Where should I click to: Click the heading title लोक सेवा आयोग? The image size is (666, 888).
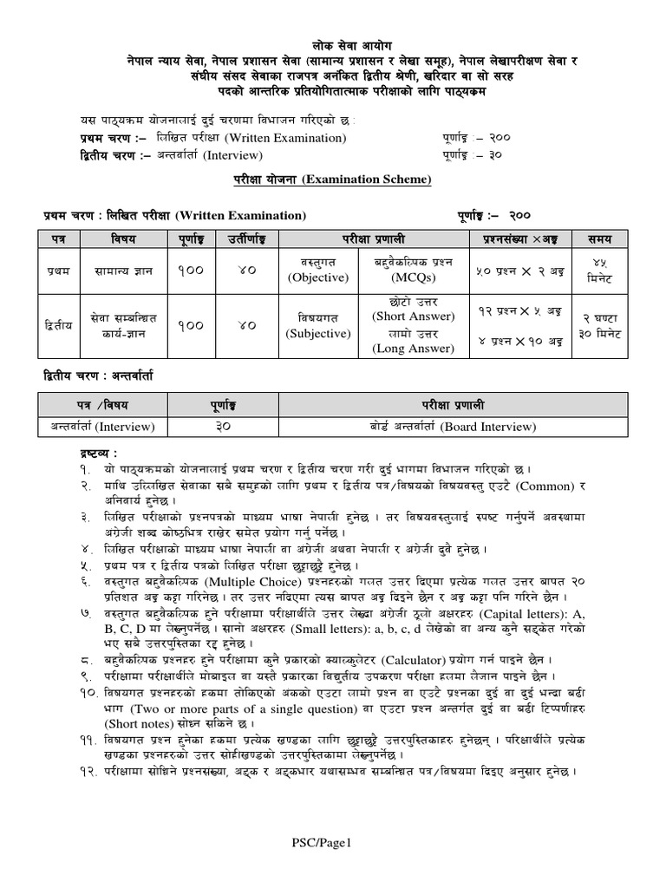[x=333, y=44]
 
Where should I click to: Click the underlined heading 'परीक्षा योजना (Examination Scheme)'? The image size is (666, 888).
[x=333, y=180]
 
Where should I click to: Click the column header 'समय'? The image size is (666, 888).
[x=598, y=238]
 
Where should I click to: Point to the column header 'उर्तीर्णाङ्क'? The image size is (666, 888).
[x=247, y=238]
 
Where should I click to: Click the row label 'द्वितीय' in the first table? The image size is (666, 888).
[x=57, y=325]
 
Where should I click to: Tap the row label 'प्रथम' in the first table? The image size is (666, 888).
[x=57, y=271]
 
